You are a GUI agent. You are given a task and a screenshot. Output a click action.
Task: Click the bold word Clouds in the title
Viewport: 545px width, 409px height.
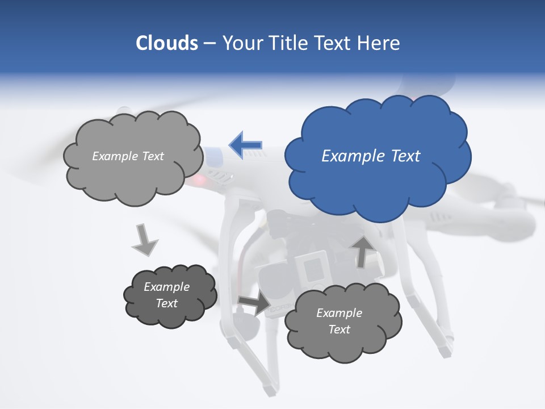click(166, 43)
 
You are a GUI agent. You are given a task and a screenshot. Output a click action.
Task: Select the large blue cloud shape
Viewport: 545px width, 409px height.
click(377, 182)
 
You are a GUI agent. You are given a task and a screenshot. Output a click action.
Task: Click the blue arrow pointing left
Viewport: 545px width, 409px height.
click(245, 145)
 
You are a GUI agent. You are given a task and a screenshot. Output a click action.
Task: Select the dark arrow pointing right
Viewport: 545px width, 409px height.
click(254, 304)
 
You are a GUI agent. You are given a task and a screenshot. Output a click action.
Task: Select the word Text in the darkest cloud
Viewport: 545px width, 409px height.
click(167, 303)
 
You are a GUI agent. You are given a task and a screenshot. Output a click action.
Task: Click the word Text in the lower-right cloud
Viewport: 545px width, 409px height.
click(339, 329)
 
